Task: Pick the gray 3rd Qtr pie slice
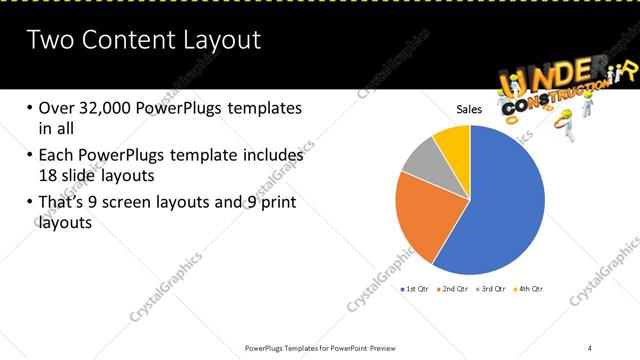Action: tap(421, 160)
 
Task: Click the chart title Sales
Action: tap(470, 108)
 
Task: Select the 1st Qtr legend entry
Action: tap(416, 288)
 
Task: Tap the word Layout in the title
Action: tap(221, 40)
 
